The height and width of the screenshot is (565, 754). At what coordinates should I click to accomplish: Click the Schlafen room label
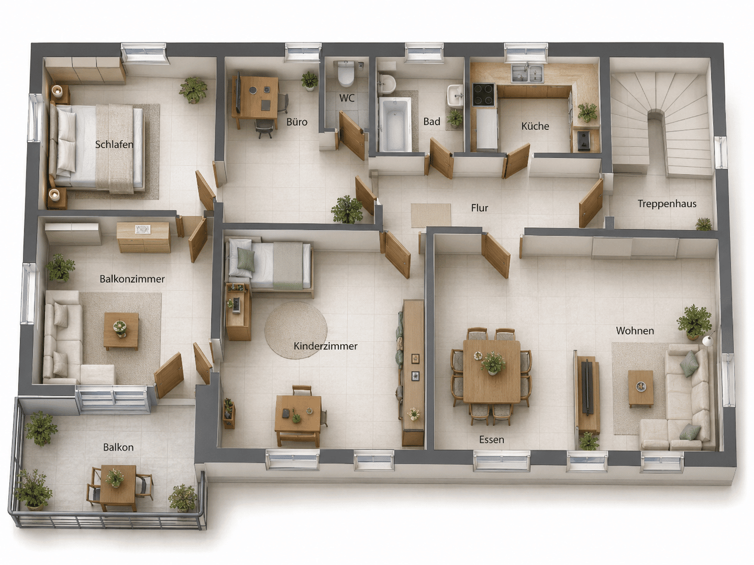click(x=114, y=145)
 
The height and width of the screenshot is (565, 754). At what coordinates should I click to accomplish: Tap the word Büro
click(x=297, y=122)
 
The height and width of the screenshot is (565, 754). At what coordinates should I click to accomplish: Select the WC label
click(x=347, y=98)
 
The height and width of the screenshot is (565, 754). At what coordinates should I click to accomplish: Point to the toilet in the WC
click(x=345, y=74)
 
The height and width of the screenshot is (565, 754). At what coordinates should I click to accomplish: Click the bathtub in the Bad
click(x=395, y=125)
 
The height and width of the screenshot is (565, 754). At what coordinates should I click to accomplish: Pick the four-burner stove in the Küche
click(x=483, y=95)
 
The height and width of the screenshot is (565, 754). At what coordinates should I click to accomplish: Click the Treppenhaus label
click(x=667, y=204)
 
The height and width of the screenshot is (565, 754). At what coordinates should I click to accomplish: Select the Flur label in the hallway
click(x=480, y=208)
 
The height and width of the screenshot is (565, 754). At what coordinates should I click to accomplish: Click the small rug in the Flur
click(x=431, y=215)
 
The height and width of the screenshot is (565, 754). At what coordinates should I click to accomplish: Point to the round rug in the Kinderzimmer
click(x=295, y=330)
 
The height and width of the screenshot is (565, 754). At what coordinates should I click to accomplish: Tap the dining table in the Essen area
click(x=492, y=371)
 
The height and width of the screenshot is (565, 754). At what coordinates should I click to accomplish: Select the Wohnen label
click(x=635, y=331)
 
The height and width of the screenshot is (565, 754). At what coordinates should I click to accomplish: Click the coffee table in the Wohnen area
click(x=641, y=388)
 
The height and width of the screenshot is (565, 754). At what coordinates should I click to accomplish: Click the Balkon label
click(x=118, y=447)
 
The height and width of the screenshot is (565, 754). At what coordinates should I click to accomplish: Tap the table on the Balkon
click(x=118, y=488)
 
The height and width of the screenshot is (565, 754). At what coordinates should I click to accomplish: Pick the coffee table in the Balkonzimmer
click(x=121, y=331)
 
